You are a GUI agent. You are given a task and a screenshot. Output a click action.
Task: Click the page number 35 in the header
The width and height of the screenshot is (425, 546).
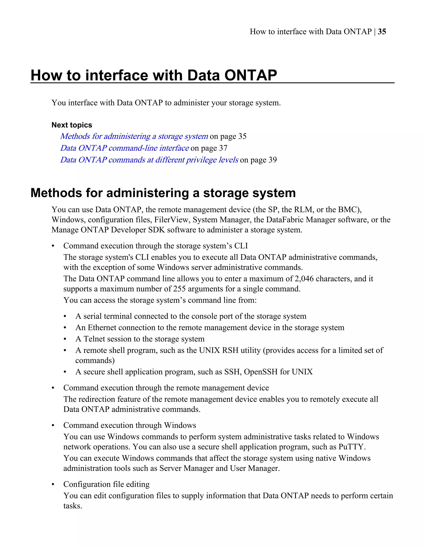point(382,32)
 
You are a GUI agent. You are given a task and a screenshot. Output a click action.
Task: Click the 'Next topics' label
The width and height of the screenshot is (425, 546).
point(72,125)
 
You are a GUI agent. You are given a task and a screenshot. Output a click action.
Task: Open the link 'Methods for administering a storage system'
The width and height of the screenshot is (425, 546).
point(134,136)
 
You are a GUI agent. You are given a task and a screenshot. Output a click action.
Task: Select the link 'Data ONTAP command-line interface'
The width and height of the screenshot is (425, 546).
point(124,148)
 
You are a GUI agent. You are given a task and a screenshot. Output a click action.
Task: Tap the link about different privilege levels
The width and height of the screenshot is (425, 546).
point(149,160)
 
